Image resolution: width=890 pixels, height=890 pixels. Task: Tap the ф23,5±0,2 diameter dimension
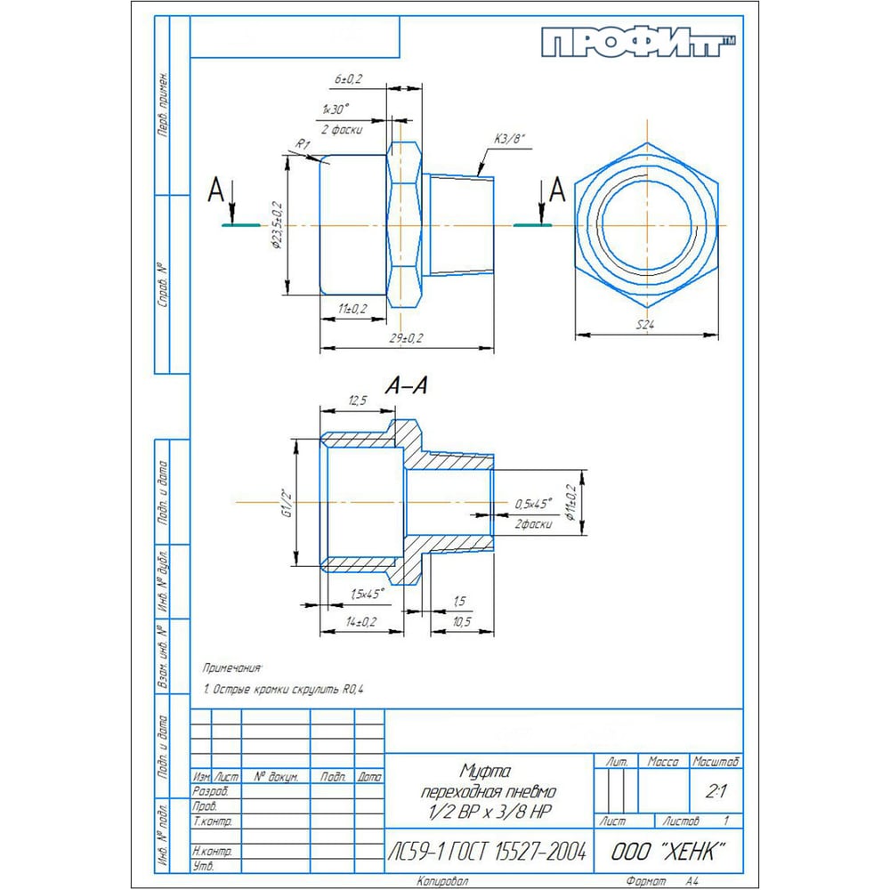click(279, 226)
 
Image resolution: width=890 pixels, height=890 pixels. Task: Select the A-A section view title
click(407, 385)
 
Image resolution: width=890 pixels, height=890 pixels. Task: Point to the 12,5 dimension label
click(357, 401)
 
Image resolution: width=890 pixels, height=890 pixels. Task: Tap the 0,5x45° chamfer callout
click(533, 504)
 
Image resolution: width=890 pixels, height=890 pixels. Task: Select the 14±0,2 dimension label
click(359, 621)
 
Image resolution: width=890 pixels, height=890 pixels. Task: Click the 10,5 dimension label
click(462, 621)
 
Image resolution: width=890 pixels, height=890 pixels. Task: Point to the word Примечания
click(233, 667)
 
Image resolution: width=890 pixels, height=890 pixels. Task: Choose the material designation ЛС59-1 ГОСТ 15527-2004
click(488, 852)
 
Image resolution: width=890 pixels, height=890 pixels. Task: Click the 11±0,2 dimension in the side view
click(352, 308)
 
